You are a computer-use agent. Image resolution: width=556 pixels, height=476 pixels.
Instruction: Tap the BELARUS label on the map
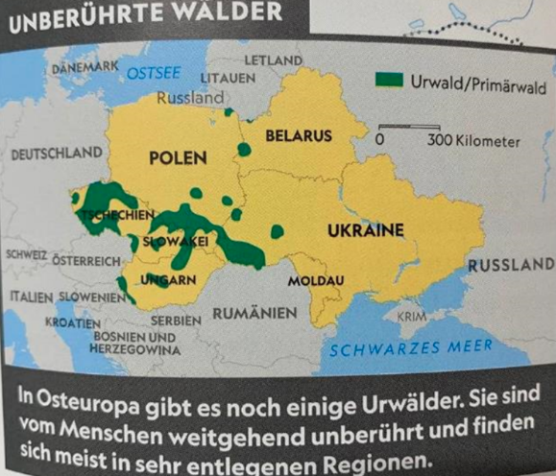click(x=299, y=136)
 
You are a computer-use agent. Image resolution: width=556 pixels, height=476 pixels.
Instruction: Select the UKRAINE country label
click(x=365, y=231)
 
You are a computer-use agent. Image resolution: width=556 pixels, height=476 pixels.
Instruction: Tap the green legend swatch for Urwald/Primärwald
click(x=388, y=81)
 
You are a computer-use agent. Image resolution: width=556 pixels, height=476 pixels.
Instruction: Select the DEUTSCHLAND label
click(x=55, y=154)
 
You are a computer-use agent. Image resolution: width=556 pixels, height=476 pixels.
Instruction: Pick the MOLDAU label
click(x=306, y=280)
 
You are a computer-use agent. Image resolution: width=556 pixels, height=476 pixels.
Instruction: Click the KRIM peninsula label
click(x=411, y=317)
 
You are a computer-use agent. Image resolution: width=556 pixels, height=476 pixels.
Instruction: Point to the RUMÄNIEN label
click(x=254, y=313)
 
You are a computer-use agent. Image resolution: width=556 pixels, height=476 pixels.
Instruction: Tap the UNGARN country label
click(x=168, y=280)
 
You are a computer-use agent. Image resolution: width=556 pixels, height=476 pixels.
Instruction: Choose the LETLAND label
click(x=273, y=60)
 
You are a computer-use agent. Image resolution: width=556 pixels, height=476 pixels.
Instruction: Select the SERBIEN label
click(x=176, y=319)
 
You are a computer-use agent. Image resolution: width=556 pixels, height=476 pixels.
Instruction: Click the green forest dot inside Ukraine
click(x=278, y=231)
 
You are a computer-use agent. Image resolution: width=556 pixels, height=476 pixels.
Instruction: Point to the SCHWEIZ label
click(x=27, y=255)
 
